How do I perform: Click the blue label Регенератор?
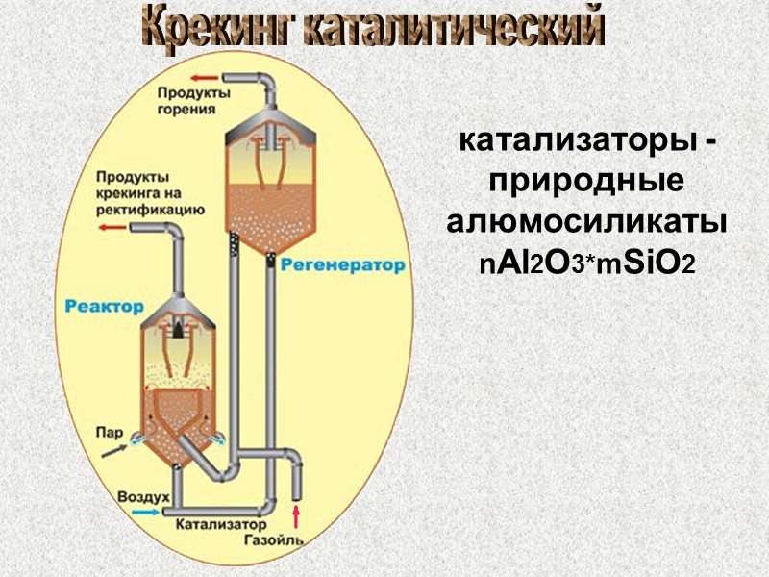[343, 265]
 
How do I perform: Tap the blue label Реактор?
[105, 307]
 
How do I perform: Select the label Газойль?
[274, 539]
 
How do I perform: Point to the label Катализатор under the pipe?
[220, 525]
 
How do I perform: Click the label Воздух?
[144, 497]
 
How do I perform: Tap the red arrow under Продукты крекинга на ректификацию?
[113, 228]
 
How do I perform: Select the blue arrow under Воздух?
[144, 513]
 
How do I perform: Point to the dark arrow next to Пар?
[114, 448]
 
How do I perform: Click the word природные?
[586, 181]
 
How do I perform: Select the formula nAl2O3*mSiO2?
[586, 263]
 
